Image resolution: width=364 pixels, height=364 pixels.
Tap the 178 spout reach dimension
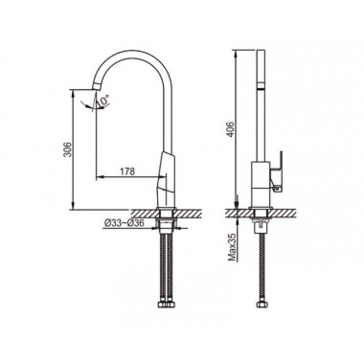pyautogui.click(x=127, y=171)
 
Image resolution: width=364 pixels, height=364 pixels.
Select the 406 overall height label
pyautogui.click(x=231, y=129)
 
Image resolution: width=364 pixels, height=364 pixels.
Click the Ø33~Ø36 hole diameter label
pyautogui.click(x=125, y=224)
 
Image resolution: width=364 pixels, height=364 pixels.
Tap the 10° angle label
pyautogui.click(x=104, y=100)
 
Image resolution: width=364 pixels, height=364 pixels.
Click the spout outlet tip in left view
pyautogui.click(x=96, y=85)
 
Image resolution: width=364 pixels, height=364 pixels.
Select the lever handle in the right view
pyautogui.click(x=277, y=171)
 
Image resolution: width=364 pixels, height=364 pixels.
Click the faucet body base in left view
pyautogui.click(x=166, y=180)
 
